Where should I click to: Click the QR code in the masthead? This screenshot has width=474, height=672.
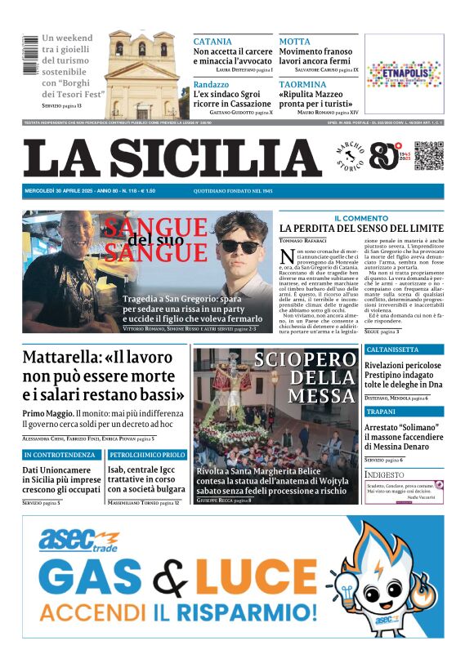(x=429, y=156)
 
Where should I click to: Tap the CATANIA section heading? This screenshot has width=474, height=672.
(x=212, y=42)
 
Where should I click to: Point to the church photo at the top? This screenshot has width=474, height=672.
(x=142, y=74)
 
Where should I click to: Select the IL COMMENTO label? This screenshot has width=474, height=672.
(x=361, y=218)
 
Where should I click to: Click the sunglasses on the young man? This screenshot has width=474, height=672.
(x=239, y=245)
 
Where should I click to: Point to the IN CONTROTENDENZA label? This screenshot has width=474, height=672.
(x=61, y=455)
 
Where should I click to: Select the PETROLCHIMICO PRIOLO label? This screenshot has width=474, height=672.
(x=147, y=455)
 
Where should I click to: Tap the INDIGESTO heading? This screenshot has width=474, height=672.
(x=384, y=474)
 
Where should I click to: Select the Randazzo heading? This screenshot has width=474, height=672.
(x=212, y=84)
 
